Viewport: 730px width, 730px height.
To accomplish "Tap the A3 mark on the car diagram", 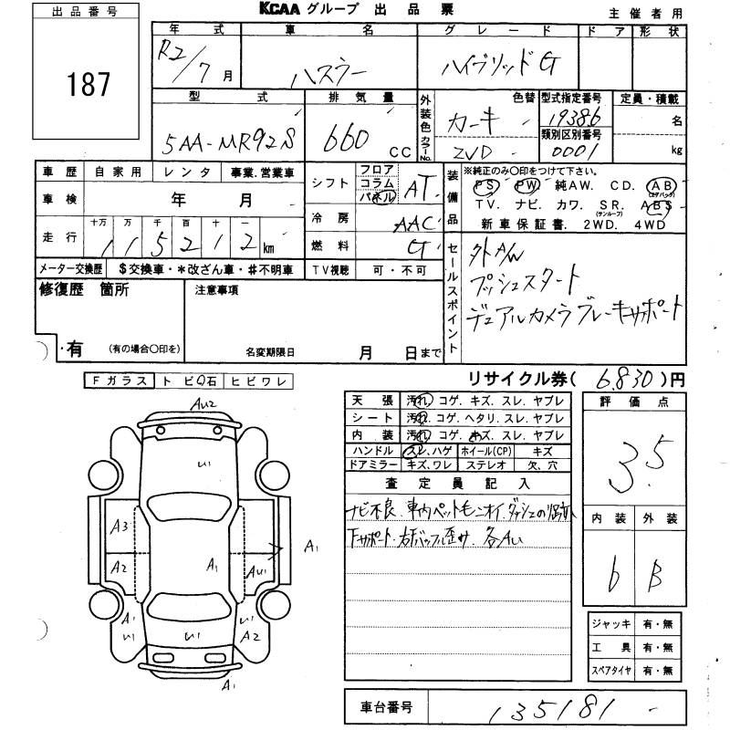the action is [x=119, y=527].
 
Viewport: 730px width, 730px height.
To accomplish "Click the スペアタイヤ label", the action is [x=611, y=671].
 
